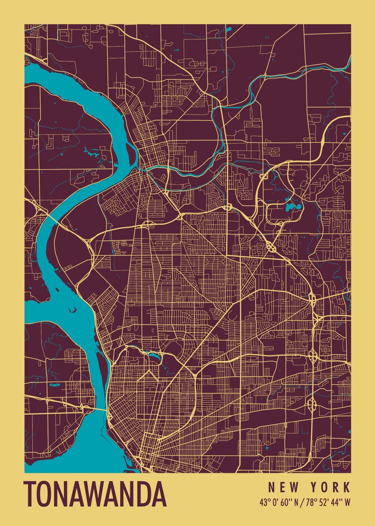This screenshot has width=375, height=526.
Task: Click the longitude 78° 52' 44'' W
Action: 328,502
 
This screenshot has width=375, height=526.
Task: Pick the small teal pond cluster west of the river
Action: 55,384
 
